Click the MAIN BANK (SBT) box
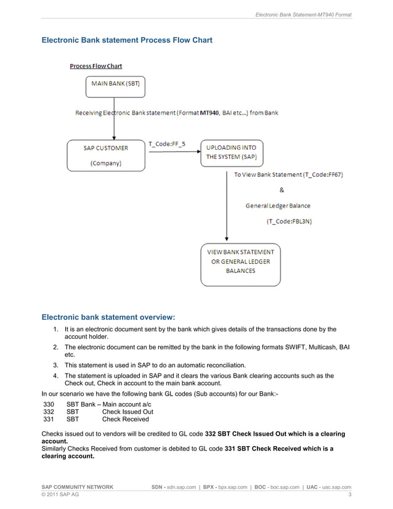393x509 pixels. pyautogui.click(x=115, y=84)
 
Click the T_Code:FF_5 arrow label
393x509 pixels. pyautogui.click(x=166, y=144)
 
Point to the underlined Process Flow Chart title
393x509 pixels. pyautogui.click(x=95, y=66)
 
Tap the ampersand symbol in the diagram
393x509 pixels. pyautogui.click(x=282, y=190)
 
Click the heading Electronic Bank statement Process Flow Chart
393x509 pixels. pyautogui.click(x=126, y=41)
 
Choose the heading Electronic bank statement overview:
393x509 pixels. pyautogui.click(x=108, y=317)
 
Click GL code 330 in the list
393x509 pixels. pyautogui.click(x=49, y=404)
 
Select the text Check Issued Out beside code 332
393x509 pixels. pyautogui.click(x=128, y=412)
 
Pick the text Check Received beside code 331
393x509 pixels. pyautogui.click(x=126, y=420)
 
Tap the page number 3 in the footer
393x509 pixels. pyautogui.click(x=349, y=495)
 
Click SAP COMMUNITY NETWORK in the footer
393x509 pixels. pyautogui.click(x=77, y=487)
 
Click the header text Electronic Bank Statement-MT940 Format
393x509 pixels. pyautogui.click(x=303, y=14)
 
